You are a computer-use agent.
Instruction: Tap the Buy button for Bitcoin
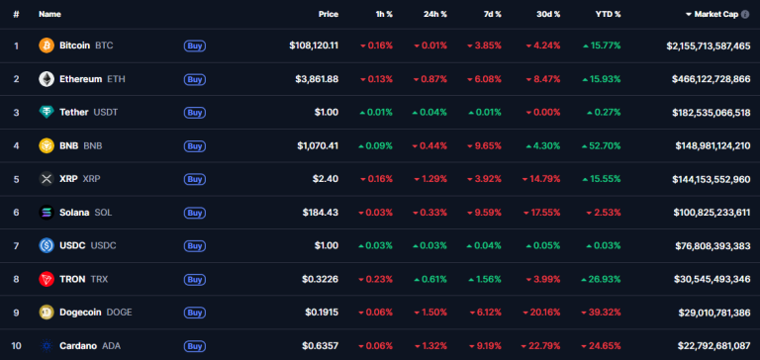coord(195,45)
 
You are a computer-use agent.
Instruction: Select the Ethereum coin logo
coord(47,79)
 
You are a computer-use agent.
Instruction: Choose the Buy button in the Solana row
coord(195,213)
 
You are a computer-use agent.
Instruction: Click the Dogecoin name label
coord(81,313)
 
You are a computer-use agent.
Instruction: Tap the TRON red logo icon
coord(47,279)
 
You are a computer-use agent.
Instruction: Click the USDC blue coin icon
coord(47,245)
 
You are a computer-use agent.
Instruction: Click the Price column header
coord(329,15)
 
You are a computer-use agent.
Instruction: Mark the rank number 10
coord(16,346)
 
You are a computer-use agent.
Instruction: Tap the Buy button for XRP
coord(195,179)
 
